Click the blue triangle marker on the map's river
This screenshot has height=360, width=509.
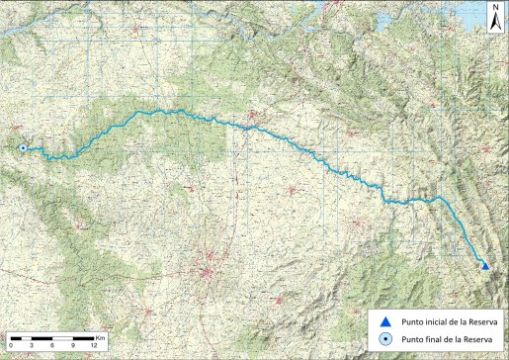pos(484,264)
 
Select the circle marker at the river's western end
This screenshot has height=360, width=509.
pos(23,148)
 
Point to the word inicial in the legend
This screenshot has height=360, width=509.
pos(436,321)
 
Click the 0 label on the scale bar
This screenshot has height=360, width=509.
pos(11,344)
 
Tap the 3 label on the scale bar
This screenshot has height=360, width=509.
pos(32,344)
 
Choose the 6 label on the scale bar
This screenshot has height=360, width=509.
pos(52,344)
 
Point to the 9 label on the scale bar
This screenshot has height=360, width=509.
pos(73,344)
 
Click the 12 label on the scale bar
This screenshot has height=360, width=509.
pos(93,344)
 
